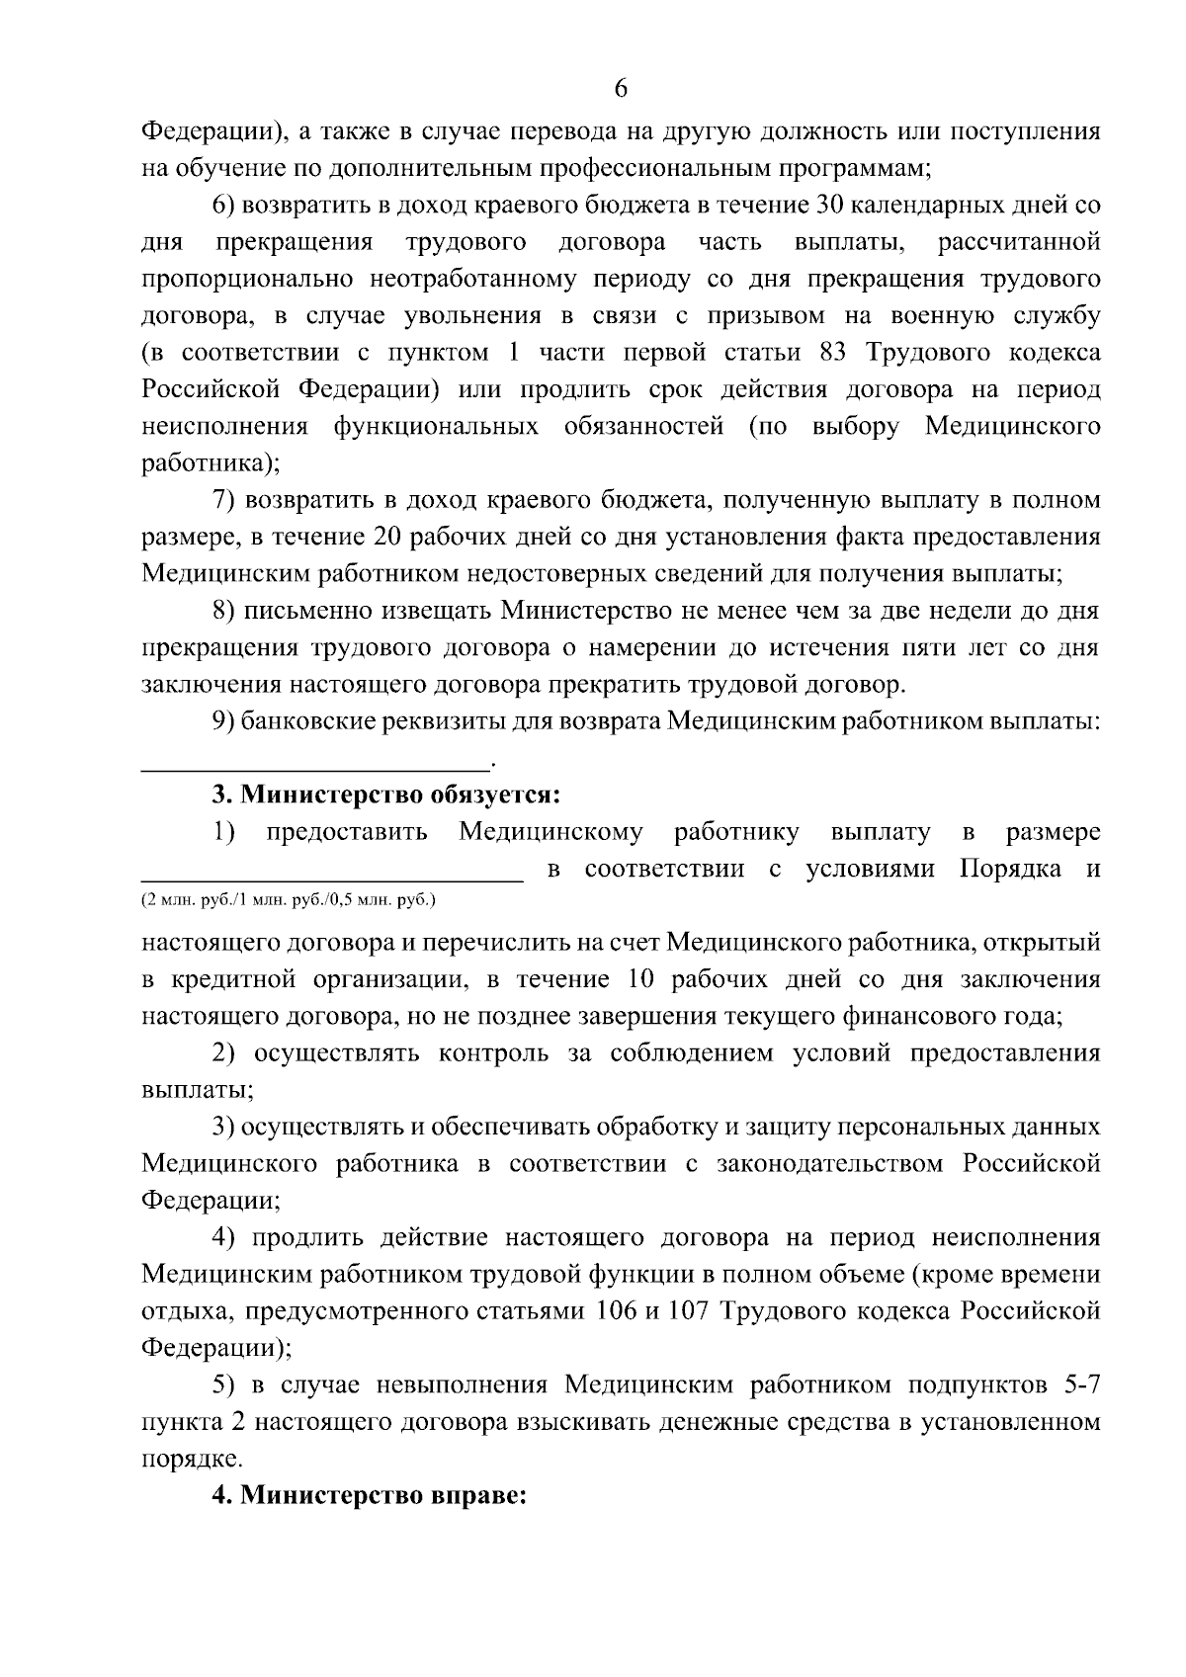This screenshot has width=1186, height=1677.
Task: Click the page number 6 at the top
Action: pyautogui.click(x=621, y=89)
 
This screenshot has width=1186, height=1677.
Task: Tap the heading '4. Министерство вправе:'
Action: pyautogui.click(x=372, y=1495)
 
